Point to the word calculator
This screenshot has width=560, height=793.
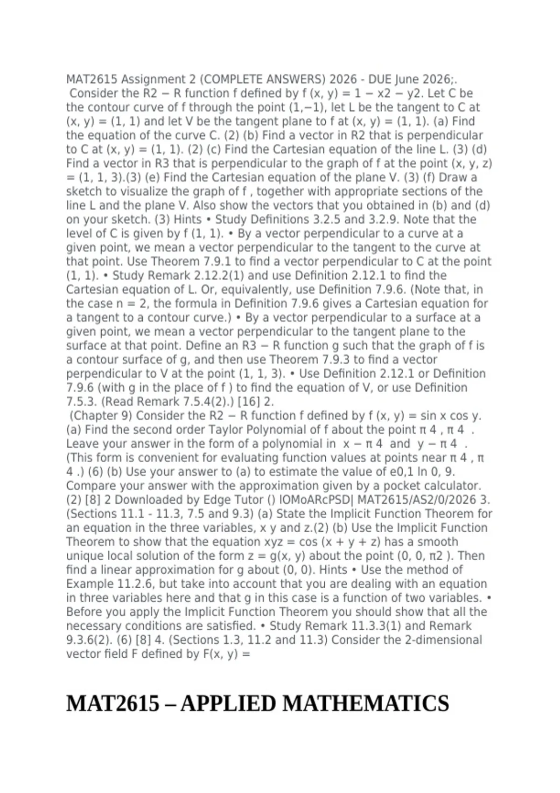tap(449, 486)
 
